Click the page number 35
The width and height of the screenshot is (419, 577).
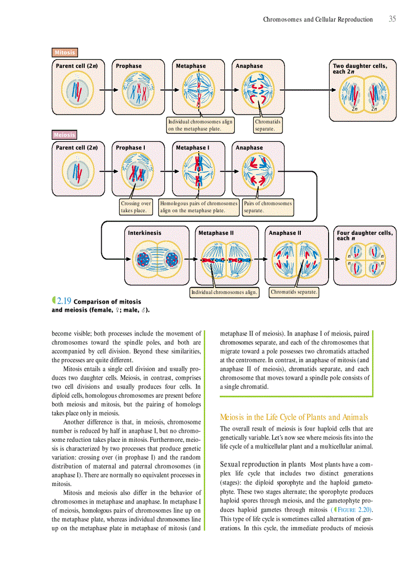click(x=392, y=19)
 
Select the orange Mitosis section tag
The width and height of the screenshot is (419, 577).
click(x=65, y=52)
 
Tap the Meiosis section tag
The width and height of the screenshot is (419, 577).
click(x=65, y=135)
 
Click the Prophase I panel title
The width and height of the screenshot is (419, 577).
click(x=130, y=148)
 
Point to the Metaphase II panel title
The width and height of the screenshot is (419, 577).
click(x=216, y=233)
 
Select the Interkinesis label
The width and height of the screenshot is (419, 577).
click(x=144, y=233)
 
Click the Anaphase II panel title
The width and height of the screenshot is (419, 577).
click(x=285, y=233)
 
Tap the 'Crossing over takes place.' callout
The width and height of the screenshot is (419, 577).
click(x=136, y=207)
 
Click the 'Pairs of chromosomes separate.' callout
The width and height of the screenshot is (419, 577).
click(x=268, y=207)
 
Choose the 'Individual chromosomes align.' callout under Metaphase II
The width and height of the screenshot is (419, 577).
click(x=224, y=292)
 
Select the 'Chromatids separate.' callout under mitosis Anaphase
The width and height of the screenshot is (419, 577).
click(x=268, y=125)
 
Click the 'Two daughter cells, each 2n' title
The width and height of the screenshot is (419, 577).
click(x=360, y=68)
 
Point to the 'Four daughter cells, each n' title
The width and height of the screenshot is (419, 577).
click(x=365, y=235)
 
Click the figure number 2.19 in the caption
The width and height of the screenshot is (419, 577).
click(x=64, y=301)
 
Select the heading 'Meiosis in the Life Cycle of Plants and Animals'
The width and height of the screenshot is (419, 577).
click(x=294, y=417)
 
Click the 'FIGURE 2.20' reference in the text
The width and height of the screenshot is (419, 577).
click(x=354, y=510)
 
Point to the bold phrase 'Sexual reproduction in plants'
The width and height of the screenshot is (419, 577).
click(x=263, y=464)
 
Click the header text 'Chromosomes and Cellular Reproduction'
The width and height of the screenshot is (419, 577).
click(x=318, y=20)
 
